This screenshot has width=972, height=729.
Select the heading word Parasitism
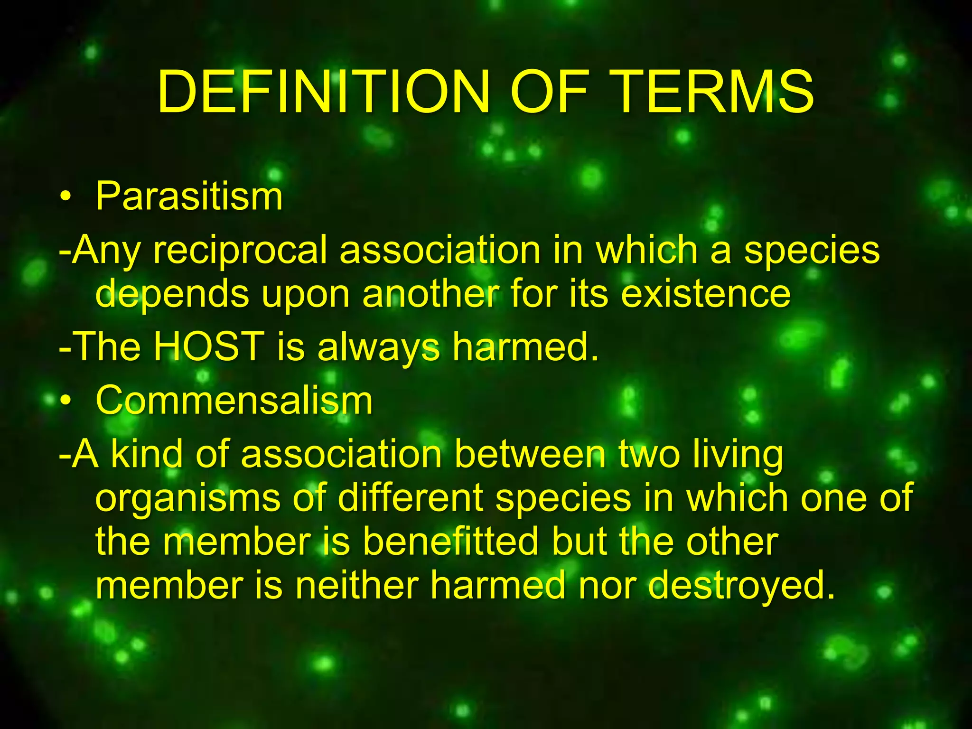click(189, 196)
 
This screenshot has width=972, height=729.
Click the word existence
click(706, 293)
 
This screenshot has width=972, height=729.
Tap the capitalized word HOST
click(209, 346)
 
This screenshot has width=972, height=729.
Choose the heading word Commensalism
click(234, 401)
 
